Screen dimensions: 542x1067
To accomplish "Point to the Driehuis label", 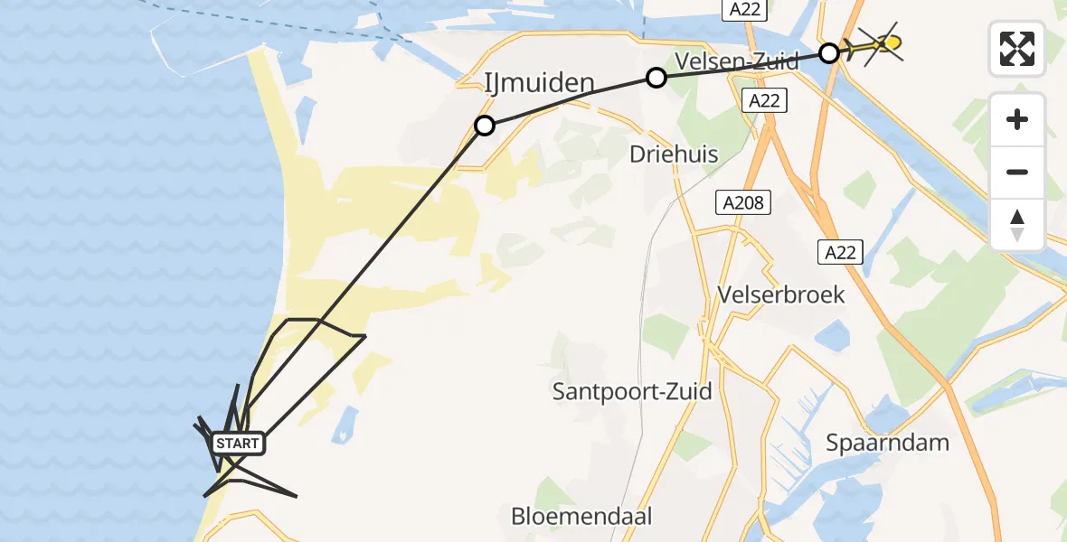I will tap(674, 154).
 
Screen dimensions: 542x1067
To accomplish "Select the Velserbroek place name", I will tap(780, 294).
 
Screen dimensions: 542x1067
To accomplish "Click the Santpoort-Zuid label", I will tap(632, 391).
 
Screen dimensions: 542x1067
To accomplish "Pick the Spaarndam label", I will tap(887, 443).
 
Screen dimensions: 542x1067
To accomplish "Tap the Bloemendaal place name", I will tap(581, 517).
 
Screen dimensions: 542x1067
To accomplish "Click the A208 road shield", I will tap(744, 203).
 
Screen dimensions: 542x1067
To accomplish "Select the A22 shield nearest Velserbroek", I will tap(840, 252).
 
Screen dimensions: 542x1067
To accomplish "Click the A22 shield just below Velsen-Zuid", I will tap(764, 100).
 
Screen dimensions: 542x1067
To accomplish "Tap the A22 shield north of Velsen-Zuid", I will tap(745, 10).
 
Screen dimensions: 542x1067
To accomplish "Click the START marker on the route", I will tap(238, 444).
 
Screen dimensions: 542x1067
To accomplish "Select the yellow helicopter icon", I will tap(875, 44).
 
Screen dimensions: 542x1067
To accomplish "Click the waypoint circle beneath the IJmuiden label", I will tap(485, 126).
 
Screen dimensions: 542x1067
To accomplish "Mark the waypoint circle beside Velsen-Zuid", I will tap(656, 78).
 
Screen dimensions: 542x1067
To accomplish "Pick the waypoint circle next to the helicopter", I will tap(829, 52).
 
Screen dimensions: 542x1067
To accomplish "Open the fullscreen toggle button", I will tap(1017, 49).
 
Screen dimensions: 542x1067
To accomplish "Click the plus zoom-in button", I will tap(1017, 119).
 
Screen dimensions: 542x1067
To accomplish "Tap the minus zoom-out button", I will tap(1017, 172).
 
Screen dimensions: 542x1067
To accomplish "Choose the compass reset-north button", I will tap(1017, 225).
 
